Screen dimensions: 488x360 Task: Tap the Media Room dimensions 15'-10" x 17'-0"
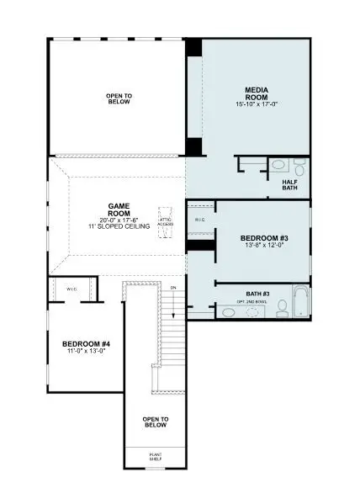click(256, 105)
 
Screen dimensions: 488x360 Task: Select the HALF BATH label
click(290, 184)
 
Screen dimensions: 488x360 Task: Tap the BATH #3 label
click(257, 293)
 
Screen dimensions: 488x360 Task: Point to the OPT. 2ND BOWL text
click(252, 301)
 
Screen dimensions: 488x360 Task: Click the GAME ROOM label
click(118, 210)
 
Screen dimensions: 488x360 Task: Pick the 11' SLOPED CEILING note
click(118, 226)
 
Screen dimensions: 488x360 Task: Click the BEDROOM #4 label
click(87, 343)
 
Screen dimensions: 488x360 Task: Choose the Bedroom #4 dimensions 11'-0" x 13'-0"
click(87, 353)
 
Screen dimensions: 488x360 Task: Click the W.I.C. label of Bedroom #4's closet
click(72, 289)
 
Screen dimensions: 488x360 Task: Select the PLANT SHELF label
click(155, 457)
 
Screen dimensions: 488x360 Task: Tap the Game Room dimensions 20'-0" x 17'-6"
click(118, 220)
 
